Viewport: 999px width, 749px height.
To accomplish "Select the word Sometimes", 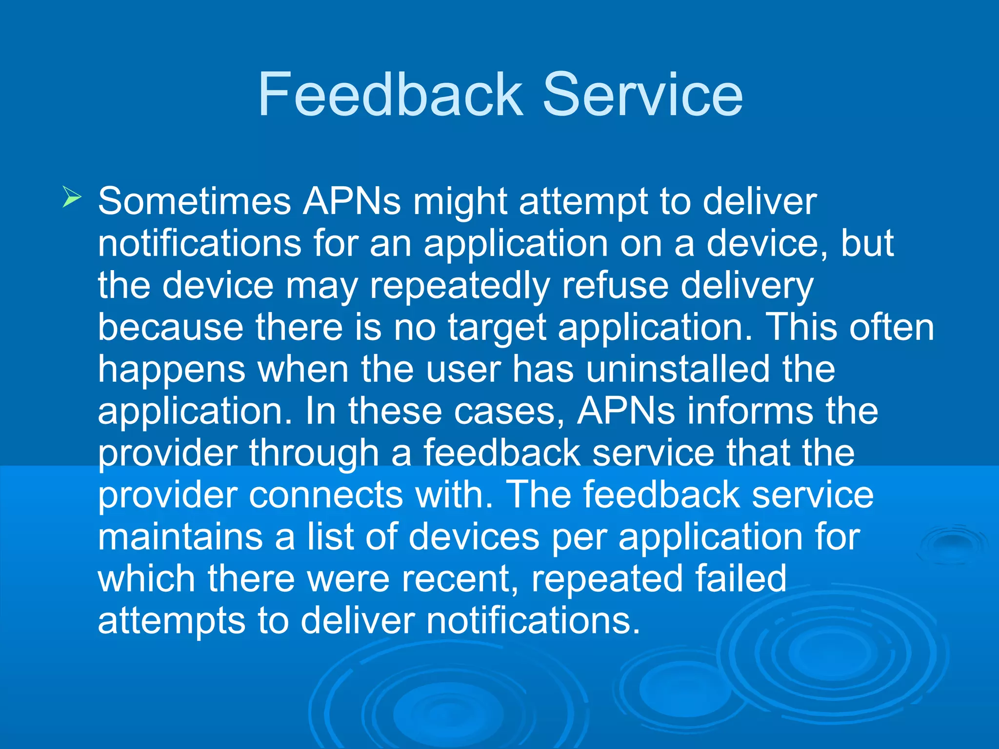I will point(194,201).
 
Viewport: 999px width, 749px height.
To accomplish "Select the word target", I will point(497,328).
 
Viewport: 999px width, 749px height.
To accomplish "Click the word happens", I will point(171,370).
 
